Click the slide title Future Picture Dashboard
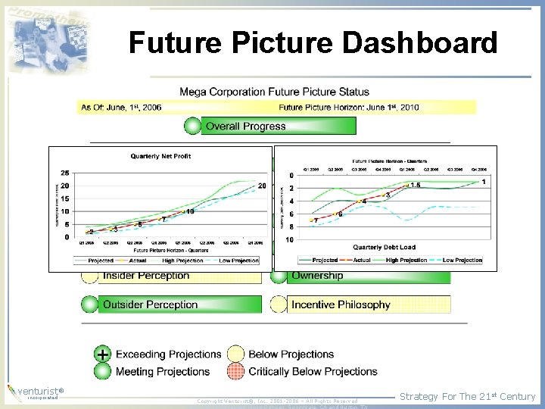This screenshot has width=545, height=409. click(313, 43)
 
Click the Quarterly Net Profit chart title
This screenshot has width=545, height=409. click(160, 156)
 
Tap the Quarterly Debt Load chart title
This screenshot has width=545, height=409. click(384, 248)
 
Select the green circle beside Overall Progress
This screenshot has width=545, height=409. click(193, 126)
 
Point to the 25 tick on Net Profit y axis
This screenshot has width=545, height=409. click(65, 173)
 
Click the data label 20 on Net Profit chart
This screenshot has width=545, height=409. click(262, 186)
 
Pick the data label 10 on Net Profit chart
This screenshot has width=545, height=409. click(189, 211)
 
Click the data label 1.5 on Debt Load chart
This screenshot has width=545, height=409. click(415, 186)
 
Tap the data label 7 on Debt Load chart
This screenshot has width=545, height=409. click(315, 220)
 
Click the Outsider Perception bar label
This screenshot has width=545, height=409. click(150, 305)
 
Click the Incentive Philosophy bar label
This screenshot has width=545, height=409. click(341, 305)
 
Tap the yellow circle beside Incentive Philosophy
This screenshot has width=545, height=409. click(279, 304)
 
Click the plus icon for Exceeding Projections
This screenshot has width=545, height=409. click(103, 354)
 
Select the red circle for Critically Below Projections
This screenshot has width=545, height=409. click(236, 371)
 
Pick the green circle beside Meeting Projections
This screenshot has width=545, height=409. click(103, 371)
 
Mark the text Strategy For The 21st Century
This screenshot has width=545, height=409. click(467, 396)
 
